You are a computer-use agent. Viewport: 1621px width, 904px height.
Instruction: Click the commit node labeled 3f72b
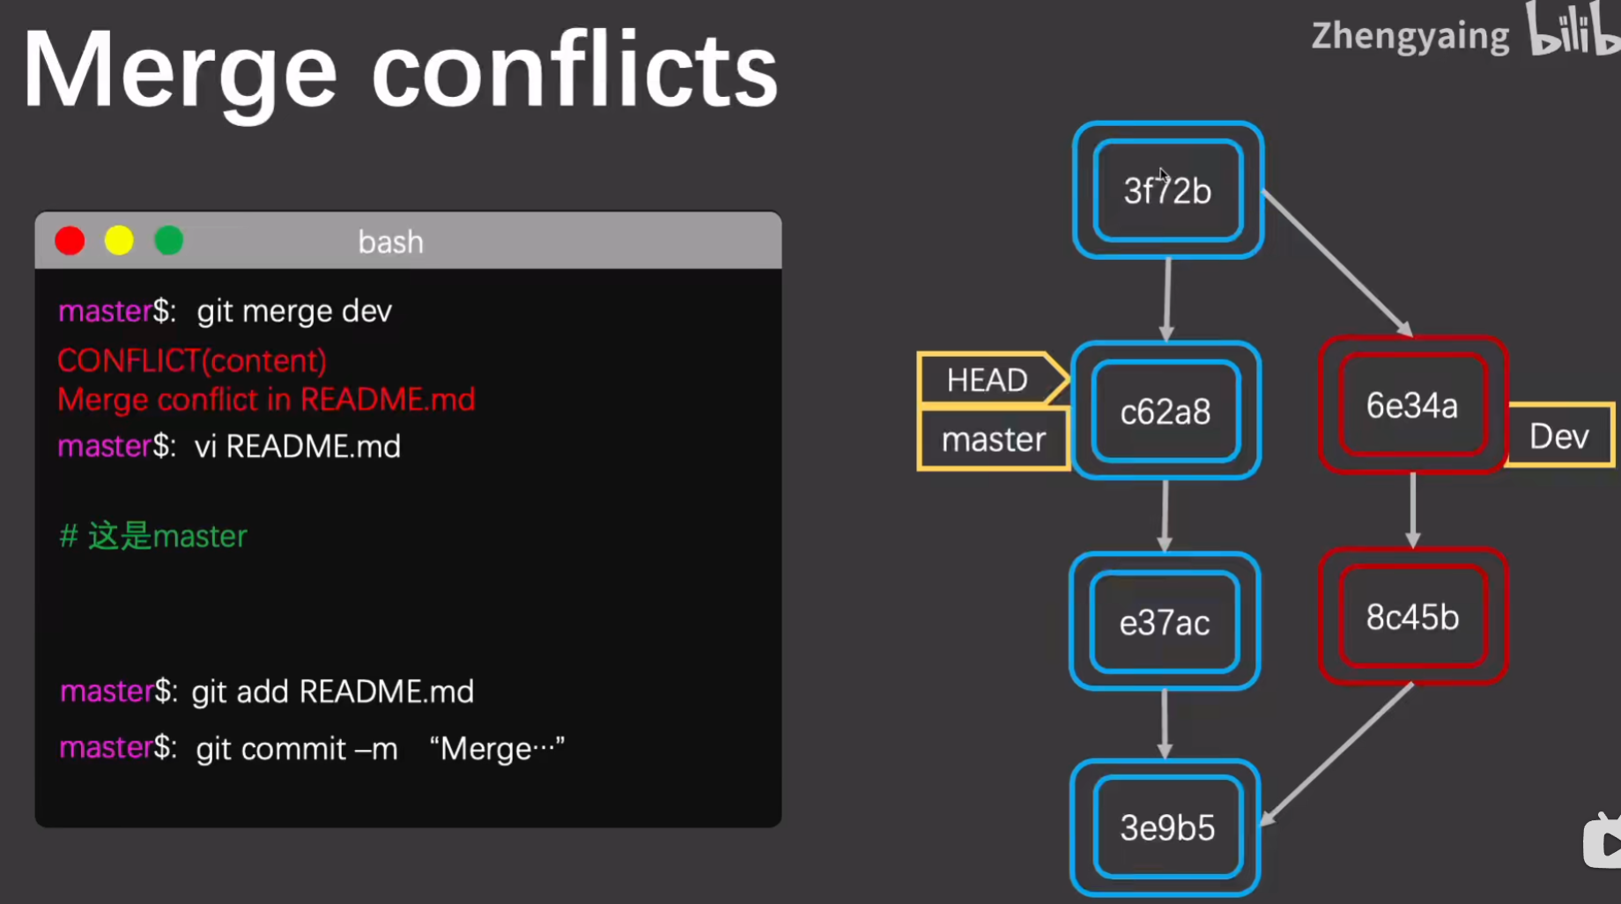point(1167,190)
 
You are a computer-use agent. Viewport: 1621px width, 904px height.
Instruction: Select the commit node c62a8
point(1166,411)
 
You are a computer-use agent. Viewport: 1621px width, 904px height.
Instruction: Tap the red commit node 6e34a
point(1412,405)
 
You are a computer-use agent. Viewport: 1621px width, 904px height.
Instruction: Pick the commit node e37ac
point(1165,622)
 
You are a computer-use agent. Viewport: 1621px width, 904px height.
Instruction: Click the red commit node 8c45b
point(1412,617)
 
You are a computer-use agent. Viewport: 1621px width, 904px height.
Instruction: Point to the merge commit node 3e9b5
point(1167,827)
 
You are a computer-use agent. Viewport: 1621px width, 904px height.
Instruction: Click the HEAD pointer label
point(988,380)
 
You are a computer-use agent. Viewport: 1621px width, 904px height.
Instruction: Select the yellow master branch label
point(993,439)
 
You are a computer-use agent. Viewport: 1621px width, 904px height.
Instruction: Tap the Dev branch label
point(1558,435)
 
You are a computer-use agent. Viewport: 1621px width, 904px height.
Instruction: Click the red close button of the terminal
point(70,241)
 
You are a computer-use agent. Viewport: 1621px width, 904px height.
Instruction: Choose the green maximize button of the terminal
point(168,241)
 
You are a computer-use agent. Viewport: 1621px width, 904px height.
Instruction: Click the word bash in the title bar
point(390,241)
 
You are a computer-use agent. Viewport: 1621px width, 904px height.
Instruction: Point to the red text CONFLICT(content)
point(192,360)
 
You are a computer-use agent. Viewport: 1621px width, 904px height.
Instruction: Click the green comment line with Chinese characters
point(153,536)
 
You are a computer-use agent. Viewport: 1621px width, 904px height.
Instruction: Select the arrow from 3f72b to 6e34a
point(1336,263)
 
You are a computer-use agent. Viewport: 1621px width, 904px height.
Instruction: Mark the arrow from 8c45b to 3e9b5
point(1337,754)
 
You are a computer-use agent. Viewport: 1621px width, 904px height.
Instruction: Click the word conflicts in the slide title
point(574,70)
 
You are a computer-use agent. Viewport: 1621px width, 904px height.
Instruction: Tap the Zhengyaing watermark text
point(1410,37)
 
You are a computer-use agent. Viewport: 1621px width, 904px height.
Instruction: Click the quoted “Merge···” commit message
point(497,749)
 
